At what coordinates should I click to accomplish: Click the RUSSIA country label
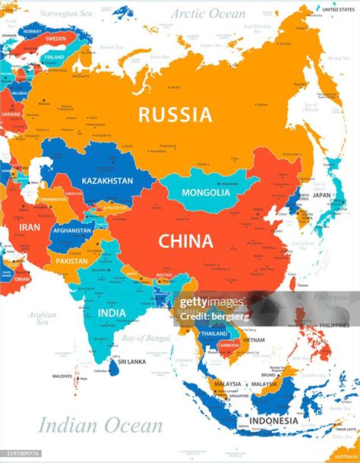tap(174, 115)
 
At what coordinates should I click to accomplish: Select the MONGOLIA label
tap(207, 193)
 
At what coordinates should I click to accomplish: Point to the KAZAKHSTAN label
tap(107, 181)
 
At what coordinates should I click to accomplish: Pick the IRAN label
tap(30, 227)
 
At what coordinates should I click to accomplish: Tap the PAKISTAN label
tap(71, 261)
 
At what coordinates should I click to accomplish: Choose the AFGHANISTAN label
tap(71, 231)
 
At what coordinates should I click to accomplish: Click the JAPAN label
tap(322, 194)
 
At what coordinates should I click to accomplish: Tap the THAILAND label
tap(215, 333)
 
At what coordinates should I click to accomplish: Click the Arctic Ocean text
tap(207, 14)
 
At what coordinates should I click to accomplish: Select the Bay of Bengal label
tap(145, 337)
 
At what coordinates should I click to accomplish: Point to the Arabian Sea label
tap(43, 318)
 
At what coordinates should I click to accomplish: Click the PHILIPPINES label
tap(334, 326)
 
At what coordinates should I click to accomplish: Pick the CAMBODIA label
tap(229, 346)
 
